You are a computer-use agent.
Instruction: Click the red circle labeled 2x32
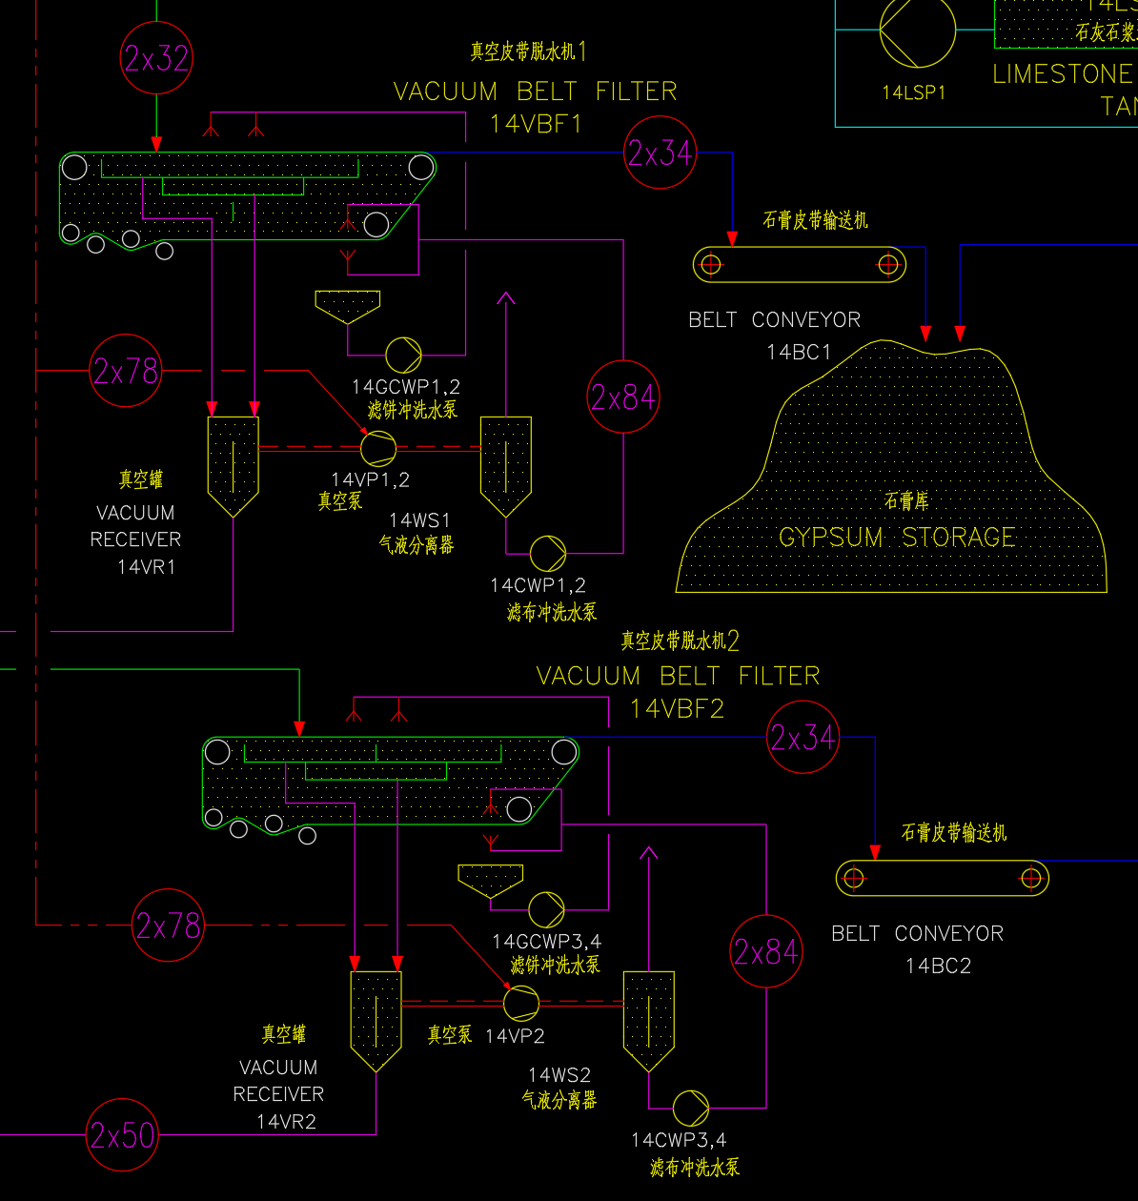tap(156, 58)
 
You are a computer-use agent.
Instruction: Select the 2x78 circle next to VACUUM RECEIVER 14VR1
tap(126, 371)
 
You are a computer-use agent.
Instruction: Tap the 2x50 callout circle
tap(122, 1135)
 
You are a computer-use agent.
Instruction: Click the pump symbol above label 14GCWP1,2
tap(403, 355)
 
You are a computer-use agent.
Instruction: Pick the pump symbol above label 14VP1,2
tap(378, 448)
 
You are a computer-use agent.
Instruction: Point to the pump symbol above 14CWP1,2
tap(547, 553)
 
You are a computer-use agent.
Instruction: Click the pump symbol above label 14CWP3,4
tap(690, 1109)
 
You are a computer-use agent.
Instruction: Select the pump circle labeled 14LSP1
tap(917, 31)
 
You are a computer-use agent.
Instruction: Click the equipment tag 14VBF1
tap(536, 124)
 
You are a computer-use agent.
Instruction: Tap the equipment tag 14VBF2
tap(677, 709)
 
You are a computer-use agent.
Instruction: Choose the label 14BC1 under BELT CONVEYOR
tap(799, 353)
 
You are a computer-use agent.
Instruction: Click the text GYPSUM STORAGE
tap(897, 538)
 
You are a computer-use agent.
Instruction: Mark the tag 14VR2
tap(286, 1122)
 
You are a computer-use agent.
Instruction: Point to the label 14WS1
tap(419, 520)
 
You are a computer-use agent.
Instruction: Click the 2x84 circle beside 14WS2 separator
tap(766, 951)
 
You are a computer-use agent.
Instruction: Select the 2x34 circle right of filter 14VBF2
tap(803, 738)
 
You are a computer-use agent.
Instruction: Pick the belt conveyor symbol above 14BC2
tap(942, 878)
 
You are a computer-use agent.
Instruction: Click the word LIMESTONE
tap(1062, 74)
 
